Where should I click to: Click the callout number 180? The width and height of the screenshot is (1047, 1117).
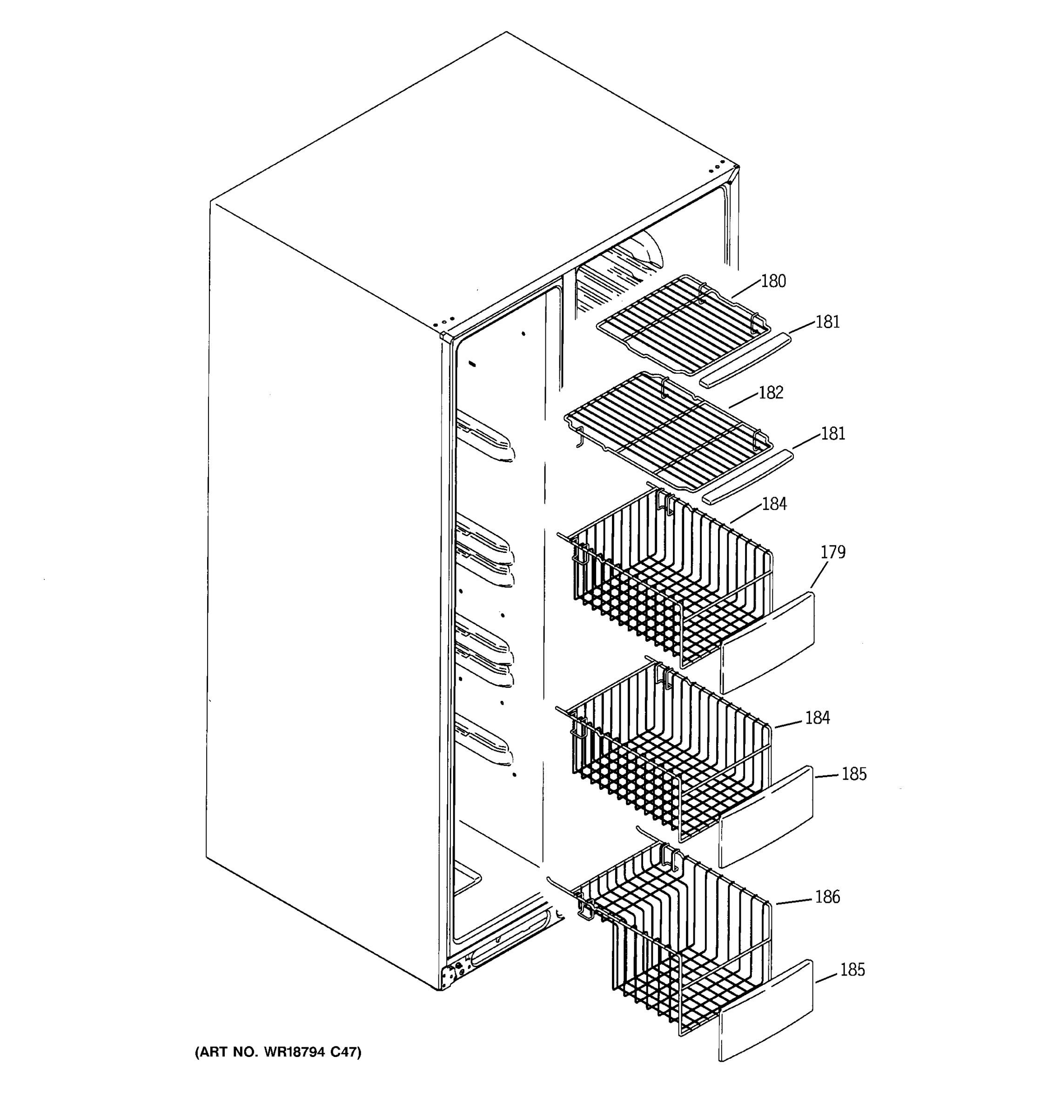(773, 282)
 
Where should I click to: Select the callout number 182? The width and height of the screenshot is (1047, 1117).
(771, 393)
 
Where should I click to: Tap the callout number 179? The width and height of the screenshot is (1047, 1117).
(832, 552)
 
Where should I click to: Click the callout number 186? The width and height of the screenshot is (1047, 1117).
(827, 897)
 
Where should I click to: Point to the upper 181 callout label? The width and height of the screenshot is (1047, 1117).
(827, 323)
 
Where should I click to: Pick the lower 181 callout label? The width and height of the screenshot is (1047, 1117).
(832, 434)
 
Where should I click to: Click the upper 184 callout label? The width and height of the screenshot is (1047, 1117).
(774, 504)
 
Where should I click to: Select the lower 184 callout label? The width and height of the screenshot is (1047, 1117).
(817, 718)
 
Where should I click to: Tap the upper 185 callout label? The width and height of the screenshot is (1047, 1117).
(854, 774)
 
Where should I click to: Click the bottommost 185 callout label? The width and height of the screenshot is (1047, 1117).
(852, 986)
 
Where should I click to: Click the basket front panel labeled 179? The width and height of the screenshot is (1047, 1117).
(767, 643)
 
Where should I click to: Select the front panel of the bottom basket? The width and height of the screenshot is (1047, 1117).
(765, 1011)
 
